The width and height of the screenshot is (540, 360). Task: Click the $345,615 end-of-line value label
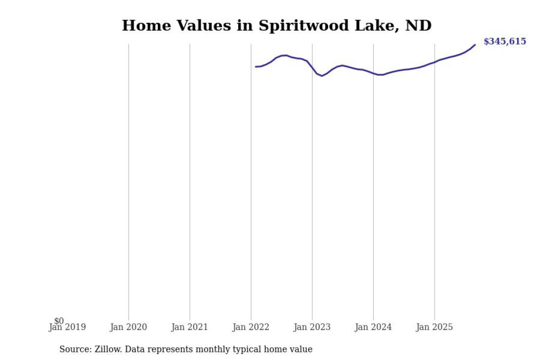pos(505,41)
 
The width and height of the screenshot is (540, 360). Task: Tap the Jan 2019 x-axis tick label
pos(67,327)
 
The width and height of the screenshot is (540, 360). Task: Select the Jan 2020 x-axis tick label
pos(128,327)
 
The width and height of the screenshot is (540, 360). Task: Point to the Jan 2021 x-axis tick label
pos(189,327)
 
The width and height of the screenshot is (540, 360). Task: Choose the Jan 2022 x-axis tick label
pos(251,327)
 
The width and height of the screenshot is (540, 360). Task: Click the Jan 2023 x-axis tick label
pos(312,327)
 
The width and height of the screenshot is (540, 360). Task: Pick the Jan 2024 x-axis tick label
pos(373,327)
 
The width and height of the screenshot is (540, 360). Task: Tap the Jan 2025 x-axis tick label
pos(434,327)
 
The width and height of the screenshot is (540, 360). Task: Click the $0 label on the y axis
pos(59,321)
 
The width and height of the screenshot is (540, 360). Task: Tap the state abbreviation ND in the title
pos(418,26)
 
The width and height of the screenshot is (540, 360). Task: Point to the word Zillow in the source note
pos(106,349)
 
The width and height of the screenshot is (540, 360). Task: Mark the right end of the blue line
pos(475,45)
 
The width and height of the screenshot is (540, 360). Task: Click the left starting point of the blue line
pos(255,67)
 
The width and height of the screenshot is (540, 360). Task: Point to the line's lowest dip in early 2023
pos(322,76)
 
